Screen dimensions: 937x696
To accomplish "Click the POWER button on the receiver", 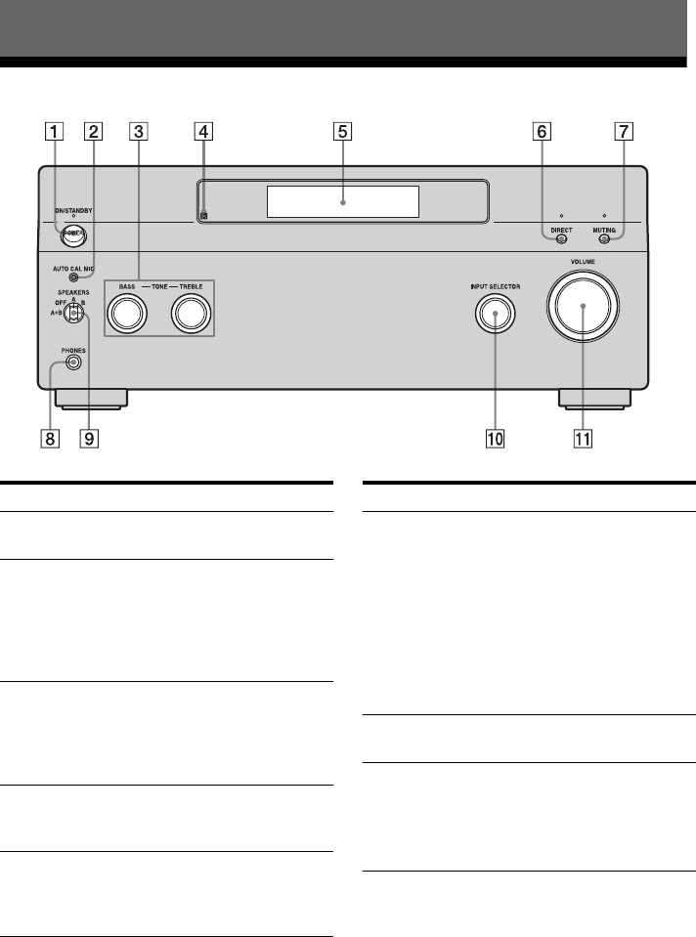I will click(73, 234).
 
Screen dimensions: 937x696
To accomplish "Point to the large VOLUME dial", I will click(583, 306).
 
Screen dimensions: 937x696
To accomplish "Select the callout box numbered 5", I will click(342, 130).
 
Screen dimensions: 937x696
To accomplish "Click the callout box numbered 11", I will click(584, 439).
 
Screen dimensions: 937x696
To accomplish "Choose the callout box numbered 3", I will click(140, 130).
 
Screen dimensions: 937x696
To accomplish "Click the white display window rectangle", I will click(342, 201).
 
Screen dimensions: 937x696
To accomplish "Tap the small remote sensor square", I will click(203, 216).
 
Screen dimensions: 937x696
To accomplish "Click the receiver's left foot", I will click(91, 398).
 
